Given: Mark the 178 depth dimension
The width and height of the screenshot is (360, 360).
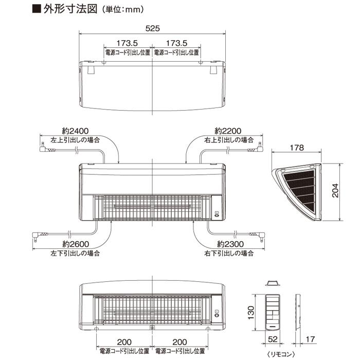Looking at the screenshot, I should pyautogui.click(x=297, y=148).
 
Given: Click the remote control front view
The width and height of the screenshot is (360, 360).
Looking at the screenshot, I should pyautogui.click(x=272, y=311).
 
